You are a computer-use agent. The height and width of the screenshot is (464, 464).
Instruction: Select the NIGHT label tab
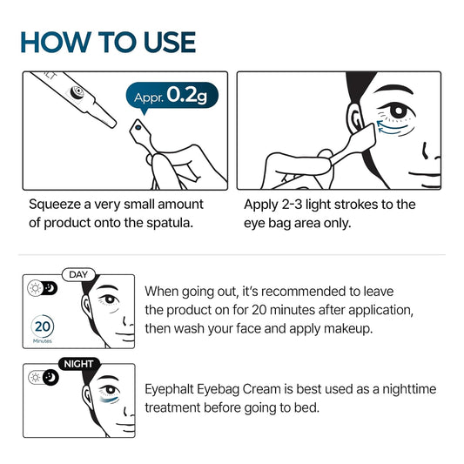click(77, 364)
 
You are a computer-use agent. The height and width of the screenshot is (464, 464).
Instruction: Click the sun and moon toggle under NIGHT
click(43, 377)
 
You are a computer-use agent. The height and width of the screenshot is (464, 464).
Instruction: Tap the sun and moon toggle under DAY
click(43, 288)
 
